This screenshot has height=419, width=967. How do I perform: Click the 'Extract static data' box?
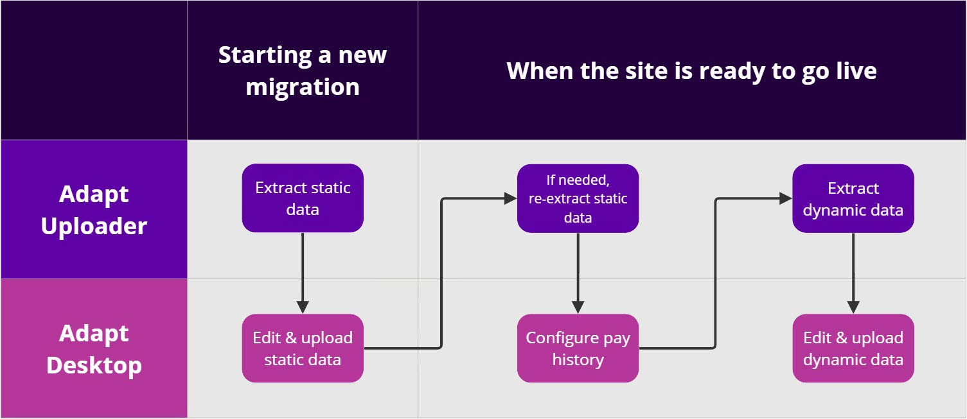point(303,198)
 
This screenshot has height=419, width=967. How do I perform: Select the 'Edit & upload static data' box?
point(303,348)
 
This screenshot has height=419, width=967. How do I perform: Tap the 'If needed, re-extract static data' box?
point(578,198)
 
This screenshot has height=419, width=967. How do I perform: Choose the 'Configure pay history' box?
point(578,348)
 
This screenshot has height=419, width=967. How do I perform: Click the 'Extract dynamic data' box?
point(853,198)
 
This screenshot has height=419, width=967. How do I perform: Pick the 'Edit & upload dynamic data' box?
point(853,348)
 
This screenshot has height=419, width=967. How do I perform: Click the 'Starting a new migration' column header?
point(303,70)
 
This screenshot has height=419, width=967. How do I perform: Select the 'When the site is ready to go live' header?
point(691,70)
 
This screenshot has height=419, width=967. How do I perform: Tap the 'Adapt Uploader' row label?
point(94,209)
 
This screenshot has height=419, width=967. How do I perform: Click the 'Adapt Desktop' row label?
point(94,348)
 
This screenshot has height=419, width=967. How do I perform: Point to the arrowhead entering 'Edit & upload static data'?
point(302,307)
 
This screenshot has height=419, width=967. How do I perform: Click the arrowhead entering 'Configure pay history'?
point(578,307)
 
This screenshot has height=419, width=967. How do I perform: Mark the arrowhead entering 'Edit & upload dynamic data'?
point(853,307)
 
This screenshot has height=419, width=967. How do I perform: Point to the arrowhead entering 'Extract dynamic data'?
point(785,199)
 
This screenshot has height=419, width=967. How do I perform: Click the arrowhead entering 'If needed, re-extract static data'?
point(510,199)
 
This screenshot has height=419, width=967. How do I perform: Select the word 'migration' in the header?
point(303,86)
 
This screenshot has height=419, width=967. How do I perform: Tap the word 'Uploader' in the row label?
point(94,226)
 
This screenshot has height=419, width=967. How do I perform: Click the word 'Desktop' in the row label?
point(94,365)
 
